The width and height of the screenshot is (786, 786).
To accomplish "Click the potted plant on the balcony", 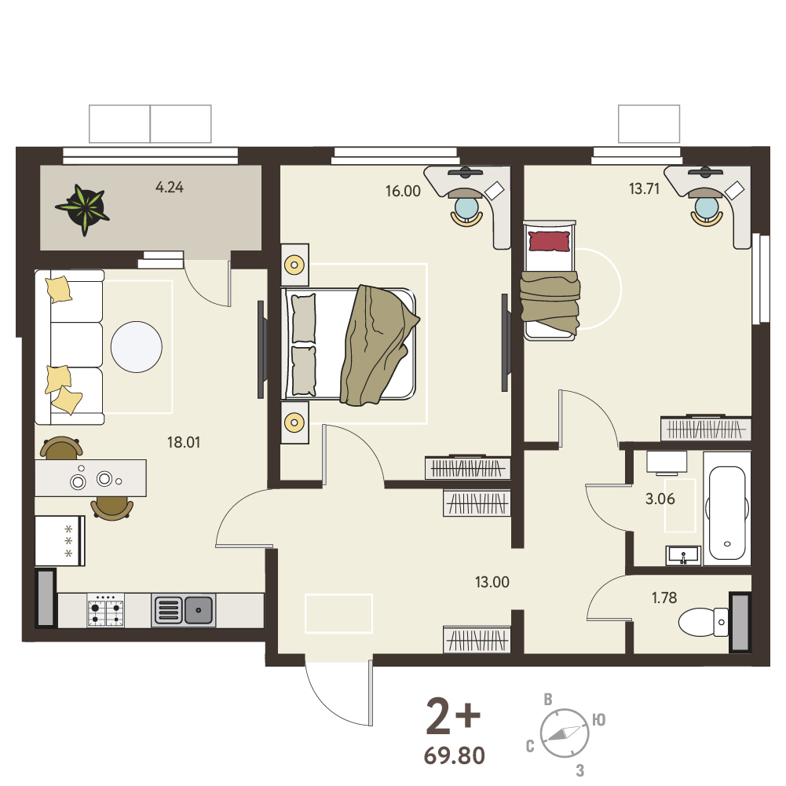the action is pyautogui.click(x=83, y=209).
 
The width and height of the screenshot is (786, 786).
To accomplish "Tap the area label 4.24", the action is pyautogui.click(x=170, y=188).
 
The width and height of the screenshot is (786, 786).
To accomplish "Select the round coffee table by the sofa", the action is pyautogui.click(x=137, y=347).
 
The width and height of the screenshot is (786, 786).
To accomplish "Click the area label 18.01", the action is pyautogui.click(x=184, y=442).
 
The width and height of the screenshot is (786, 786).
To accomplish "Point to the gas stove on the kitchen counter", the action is pyautogui.click(x=106, y=610).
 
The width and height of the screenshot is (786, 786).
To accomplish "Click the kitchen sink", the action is pyautogui.click(x=184, y=610).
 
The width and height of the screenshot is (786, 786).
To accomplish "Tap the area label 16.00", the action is pyautogui.click(x=403, y=191).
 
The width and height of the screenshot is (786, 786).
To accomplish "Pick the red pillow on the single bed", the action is pyautogui.click(x=550, y=241).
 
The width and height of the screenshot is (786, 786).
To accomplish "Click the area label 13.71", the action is pyautogui.click(x=644, y=189).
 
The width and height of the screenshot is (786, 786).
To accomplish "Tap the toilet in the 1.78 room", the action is pyautogui.click(x=704, y=622).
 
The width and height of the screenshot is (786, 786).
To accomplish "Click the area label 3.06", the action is pyautogui.click(x=660, y=499).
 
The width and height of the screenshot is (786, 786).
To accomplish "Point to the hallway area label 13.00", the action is pyautogui.click(x=492, y=582).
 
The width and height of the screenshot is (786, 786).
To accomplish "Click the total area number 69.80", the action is pyautogui.click(x=455, y=755).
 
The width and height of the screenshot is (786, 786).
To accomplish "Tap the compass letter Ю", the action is pyautogui.click(x=599, y=720).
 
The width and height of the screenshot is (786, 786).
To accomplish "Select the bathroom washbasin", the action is pyautogui.click(x=682, y=555).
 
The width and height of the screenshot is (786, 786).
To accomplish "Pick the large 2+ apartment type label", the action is pyautogui.click(x=453, y=716).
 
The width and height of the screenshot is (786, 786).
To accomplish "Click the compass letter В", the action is pyautogui.click(x=548, y=700).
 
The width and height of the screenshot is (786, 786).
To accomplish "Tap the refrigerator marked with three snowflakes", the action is pyautogui.click(x=60, y=541).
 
